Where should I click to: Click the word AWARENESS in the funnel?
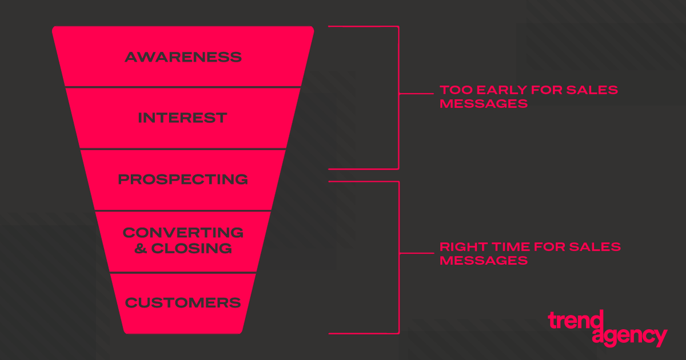pos(183,57)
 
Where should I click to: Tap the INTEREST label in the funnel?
pos(183,118)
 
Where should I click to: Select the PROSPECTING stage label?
pos(183,179)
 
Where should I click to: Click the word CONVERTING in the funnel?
pos(183,233)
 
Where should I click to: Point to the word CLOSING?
pos(192,249)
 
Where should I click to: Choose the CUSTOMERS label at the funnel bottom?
pos(183,302)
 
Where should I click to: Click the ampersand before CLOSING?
pos(141,249)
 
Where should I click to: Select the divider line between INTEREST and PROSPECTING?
pos(183,149)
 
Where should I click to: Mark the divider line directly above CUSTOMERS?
pos(183,273)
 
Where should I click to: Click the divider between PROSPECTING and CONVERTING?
pos(183,211)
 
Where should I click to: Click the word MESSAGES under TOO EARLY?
pos(484,105)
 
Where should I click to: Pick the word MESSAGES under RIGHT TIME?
pos(484,261)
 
